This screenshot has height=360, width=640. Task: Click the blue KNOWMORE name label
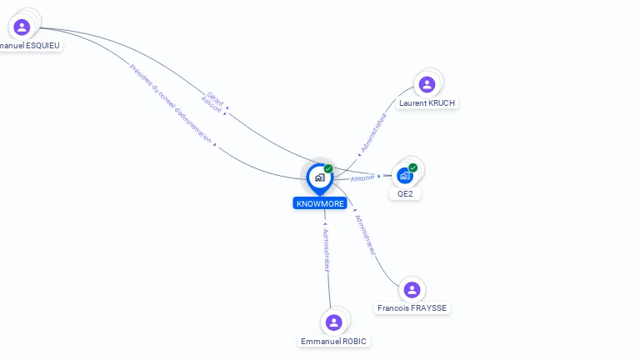pos(320,203)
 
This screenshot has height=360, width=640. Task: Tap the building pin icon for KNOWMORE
pos(319,177)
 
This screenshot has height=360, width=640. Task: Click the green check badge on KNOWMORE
pos(328,168)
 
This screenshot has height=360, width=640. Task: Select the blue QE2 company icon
pos(405,175)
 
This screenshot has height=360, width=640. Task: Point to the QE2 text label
pos(405,194)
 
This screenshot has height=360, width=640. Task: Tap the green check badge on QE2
pos(413,167)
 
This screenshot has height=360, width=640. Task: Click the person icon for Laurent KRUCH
pos(427,84)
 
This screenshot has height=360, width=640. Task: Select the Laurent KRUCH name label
pos(427,103)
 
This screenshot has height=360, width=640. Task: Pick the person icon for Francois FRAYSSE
pos(412,289)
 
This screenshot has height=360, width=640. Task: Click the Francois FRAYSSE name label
pos(412,308)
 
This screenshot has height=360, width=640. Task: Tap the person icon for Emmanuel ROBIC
pos(334,322)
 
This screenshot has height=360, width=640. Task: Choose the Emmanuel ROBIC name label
pos(334,342)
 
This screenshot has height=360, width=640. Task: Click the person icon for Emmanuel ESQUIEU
pos(22,27)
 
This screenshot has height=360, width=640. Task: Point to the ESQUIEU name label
pos(31,46)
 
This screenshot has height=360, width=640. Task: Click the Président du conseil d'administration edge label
pos(171,103)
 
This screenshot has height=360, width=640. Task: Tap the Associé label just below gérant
pos(211,104)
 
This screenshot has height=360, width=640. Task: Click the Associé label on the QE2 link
pos(362,178)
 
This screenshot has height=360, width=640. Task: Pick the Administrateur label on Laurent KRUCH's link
pos(373,133)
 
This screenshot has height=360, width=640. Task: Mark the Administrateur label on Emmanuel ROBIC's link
pos(327,250)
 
